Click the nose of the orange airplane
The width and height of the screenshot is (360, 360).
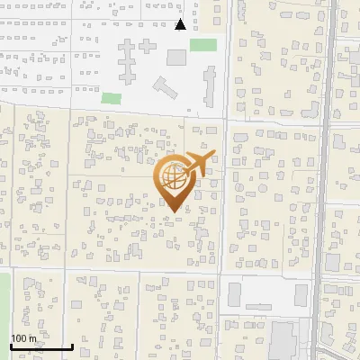[214, 154]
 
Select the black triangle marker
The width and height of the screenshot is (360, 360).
[180, 24]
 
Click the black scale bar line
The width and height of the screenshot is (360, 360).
[40, 346]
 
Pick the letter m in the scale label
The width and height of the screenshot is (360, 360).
[32, 338]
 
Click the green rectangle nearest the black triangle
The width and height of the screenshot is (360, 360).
[203, 45]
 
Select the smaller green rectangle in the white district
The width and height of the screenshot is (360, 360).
[111, 97]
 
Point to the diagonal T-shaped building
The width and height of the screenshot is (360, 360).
[166, 89]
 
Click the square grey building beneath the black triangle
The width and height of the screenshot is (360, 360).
[176, 58]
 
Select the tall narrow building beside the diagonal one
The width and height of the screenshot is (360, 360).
[209, 86]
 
